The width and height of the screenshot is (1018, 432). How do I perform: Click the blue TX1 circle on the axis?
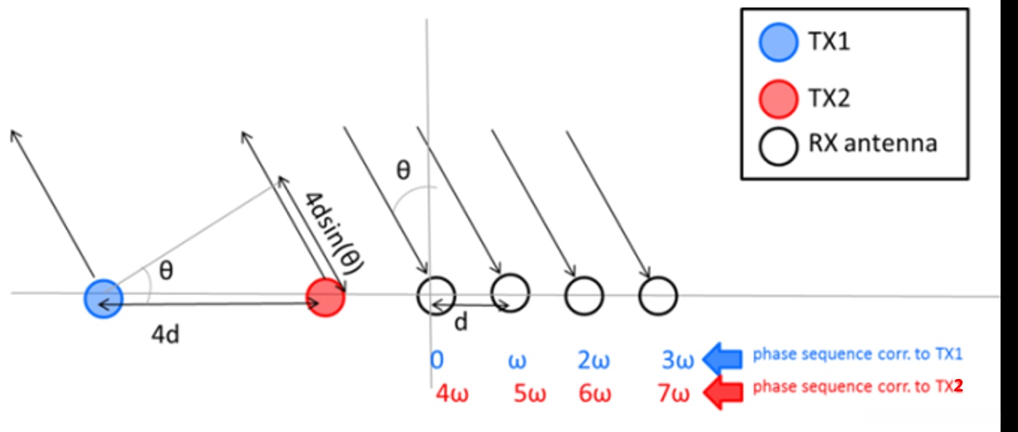[x=103, y=297]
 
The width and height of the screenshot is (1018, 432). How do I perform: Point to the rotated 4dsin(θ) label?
[x=334, y=232]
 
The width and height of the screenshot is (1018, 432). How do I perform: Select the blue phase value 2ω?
[x=594, y=361]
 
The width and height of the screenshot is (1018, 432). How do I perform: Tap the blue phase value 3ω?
[x=678, y=361]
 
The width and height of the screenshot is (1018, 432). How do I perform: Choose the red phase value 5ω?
[x=530, y=394]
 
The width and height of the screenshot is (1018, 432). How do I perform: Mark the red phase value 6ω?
[x=595, y=394]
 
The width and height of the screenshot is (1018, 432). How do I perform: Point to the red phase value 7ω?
[x=673, y=394]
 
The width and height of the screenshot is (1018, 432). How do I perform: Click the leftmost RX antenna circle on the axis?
[x=436, y=295]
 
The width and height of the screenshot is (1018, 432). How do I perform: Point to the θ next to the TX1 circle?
[x=166, y=272]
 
